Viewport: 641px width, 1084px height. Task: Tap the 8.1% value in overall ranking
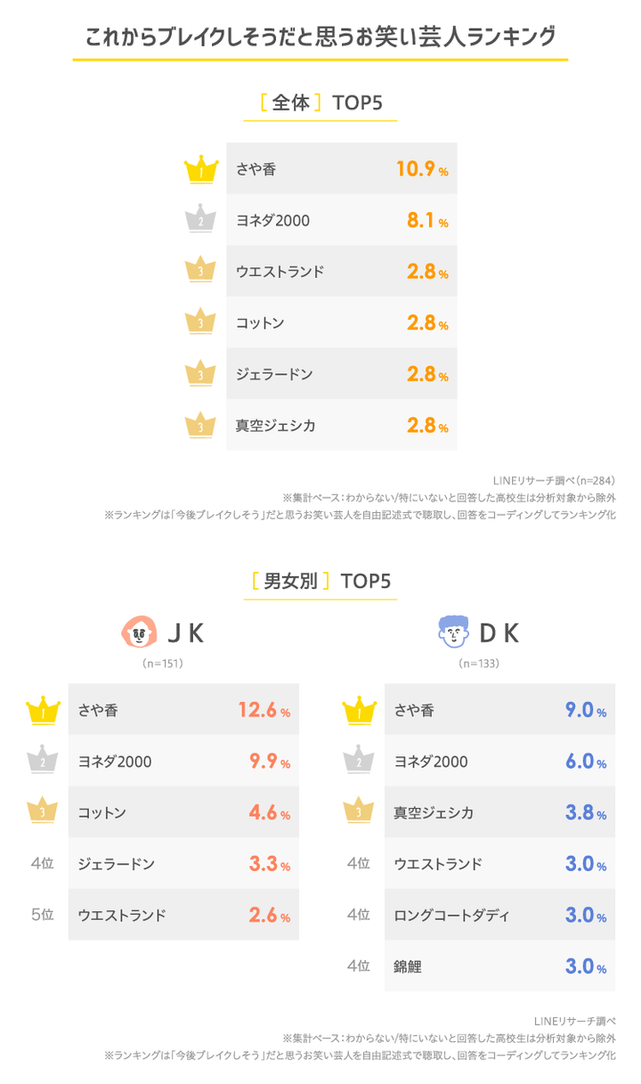[426, 220]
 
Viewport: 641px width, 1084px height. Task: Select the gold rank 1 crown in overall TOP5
[202, 169]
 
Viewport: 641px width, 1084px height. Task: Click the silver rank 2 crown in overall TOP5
[202, 220]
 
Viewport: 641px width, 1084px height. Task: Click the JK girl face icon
[137, 633]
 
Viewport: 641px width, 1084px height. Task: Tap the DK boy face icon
[453, 633]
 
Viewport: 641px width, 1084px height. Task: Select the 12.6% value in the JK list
[264, 711]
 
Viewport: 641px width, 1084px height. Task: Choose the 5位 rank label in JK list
[43, 915]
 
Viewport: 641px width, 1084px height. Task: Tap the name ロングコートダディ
[451, 915]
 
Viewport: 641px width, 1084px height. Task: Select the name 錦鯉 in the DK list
[408, 966]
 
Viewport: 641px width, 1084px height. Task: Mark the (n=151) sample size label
[163, 664]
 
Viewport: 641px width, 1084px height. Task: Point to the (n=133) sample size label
[479, 664]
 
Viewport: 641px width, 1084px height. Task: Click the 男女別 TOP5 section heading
[321, 582]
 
